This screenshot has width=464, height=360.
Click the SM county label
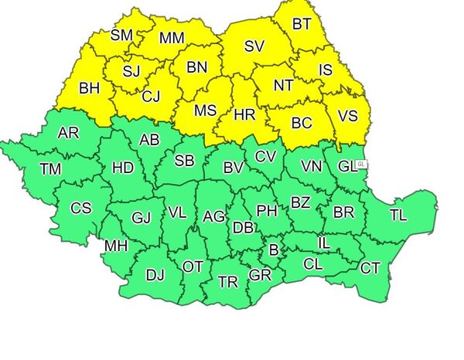pos(121,35)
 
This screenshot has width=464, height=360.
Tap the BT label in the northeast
pos(302,24)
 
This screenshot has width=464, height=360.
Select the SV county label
pos(254,46)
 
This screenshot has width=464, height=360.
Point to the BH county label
pos(89,89)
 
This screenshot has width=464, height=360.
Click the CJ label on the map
pos(151,97)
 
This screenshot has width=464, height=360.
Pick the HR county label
pos(244,115)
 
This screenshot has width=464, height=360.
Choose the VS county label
pos(348,117)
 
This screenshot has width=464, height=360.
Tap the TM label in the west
pos(51,169)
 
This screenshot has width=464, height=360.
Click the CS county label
pos(80,208)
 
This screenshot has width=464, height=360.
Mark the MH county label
pos(116,246)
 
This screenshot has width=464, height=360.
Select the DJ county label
pos(155,274)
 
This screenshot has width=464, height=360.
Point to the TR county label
pos(227,282)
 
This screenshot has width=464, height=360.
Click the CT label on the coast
pos(370,268)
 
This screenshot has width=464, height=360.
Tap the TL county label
pos(398,216)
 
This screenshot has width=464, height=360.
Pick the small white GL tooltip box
pos(361,165)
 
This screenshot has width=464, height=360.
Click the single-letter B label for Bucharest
pos(272,250)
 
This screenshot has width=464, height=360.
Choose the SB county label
pos(184,161)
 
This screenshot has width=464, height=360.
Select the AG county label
pos(213,217)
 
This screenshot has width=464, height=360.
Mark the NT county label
pos(283,86)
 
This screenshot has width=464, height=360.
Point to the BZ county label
pos(300,203)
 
